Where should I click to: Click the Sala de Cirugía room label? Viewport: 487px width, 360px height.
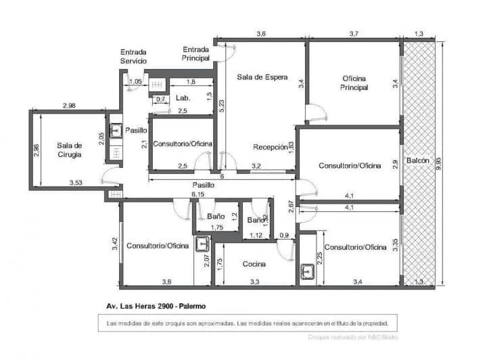[69, 150]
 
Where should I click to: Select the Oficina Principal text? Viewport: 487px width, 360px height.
[354, 82]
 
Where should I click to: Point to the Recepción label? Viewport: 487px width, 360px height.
[269, 147]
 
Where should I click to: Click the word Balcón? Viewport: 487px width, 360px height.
[417, 160]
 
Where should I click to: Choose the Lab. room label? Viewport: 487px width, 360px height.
[183, 98]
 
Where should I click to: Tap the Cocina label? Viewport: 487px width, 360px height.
[254, 264]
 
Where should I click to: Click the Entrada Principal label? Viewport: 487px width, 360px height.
[197, 53]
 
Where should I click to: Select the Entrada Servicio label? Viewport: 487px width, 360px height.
[133, 56]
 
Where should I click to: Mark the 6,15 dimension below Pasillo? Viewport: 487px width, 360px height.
[198, 194]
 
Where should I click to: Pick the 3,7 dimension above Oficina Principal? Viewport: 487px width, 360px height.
[354, 33]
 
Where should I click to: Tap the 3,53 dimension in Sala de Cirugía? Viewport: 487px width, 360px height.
[79, 182]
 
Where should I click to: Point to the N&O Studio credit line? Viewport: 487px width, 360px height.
[352, 336]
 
